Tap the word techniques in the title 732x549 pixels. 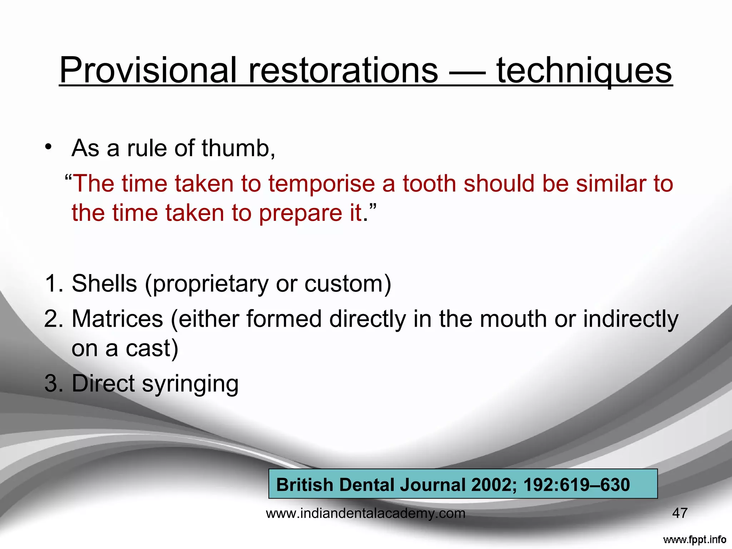584,70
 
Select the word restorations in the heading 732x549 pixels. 343,70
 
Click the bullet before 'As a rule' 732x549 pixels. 49,148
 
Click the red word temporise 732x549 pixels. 321,184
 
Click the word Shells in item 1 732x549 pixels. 104,283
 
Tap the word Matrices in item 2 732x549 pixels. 117,319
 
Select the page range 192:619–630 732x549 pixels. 576,485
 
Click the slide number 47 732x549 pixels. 679,513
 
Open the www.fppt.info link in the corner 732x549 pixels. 694,539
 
